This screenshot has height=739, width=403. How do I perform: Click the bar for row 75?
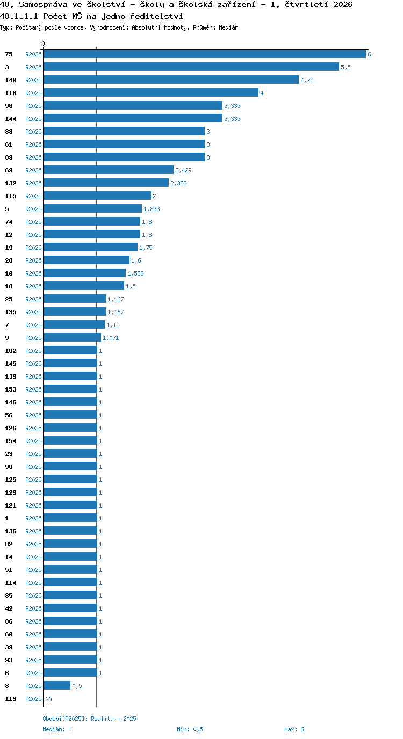[x=205, y=54]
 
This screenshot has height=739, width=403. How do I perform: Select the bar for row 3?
[x=191, y=67]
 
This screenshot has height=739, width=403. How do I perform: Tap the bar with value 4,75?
[x=171, y=80]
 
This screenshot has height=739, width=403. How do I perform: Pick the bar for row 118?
[x=151, y=93]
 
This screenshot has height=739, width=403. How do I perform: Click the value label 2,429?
[x=183, y=170]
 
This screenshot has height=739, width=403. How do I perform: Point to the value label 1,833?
[x=152, y=209]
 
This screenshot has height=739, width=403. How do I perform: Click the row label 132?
[x=11, y=183]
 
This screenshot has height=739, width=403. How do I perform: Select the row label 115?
[x=11, y=196]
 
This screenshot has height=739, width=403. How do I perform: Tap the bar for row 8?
[x=57, y=685]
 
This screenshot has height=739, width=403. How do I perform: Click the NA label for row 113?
[x=48, y=698]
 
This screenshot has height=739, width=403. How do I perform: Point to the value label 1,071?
[x=111, y=338]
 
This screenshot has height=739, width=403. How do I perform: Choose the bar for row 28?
[x=87, y=260]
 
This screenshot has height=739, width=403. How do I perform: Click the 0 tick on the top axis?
[x=43, y=44]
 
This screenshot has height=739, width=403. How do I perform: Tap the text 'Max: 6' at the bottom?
[x=294, y=729]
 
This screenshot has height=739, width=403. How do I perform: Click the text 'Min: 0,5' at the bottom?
[x=190, y=729]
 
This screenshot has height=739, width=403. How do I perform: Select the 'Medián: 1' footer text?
[x=57, y=729]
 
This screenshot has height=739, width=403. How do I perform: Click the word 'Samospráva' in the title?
[x=43, y=5]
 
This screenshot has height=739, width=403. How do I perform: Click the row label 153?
[x=11, y=389]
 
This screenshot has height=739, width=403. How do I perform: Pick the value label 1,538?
[x=135, y=273]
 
